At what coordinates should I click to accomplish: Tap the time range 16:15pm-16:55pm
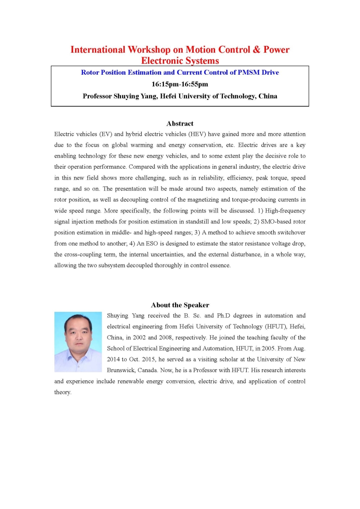(180, 84)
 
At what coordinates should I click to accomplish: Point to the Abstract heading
(180, 123)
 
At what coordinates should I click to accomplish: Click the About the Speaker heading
(180, 305)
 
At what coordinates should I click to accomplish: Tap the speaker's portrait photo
(78, 342)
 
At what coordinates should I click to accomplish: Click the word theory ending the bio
(63, 392)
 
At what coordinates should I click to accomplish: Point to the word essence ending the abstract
(219, 265)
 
